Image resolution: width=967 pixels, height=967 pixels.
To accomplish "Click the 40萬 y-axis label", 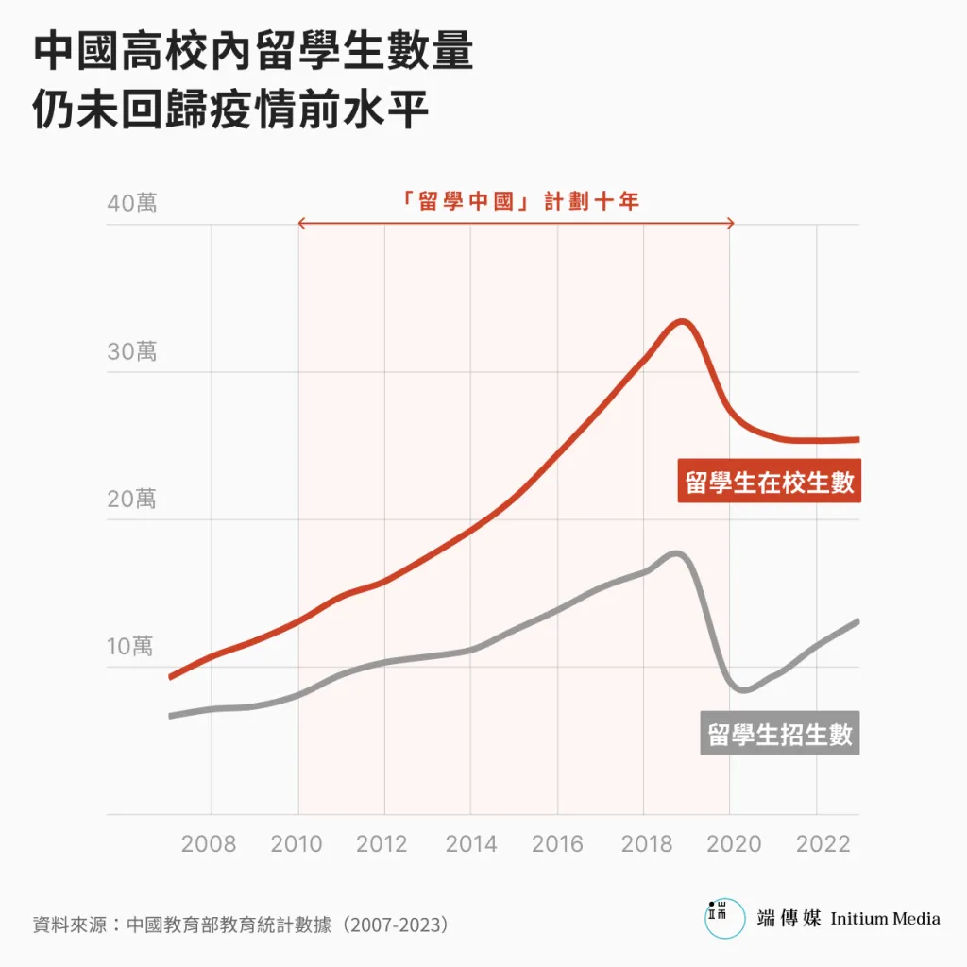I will tap(132, 203).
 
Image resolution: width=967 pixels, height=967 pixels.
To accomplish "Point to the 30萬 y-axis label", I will tap(132, 352).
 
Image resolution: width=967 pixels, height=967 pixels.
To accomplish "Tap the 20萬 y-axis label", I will tap(132, 500).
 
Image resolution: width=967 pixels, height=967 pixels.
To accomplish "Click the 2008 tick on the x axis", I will tap(209, 843).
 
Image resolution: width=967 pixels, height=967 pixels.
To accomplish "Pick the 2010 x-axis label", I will tap(297, 843).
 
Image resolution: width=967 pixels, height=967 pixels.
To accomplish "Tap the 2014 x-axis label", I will tap(470, 843).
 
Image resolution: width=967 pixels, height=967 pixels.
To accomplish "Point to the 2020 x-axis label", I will tap(733, 843).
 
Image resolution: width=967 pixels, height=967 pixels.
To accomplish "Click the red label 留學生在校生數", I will tap(770, 482).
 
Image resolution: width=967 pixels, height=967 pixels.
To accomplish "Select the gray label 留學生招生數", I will tap(780, 734).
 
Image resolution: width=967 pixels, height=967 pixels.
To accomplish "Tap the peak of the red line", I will tap(681, 322).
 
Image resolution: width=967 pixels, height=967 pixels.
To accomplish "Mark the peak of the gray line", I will tap(677, 553).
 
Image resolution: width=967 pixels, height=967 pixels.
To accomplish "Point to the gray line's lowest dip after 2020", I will tap(744, 689).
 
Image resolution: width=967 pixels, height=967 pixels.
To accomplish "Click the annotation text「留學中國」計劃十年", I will tap(518, 201).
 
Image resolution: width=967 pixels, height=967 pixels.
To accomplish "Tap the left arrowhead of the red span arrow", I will tap(301, 224).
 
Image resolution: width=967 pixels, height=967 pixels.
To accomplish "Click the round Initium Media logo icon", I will tap(723, 918).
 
